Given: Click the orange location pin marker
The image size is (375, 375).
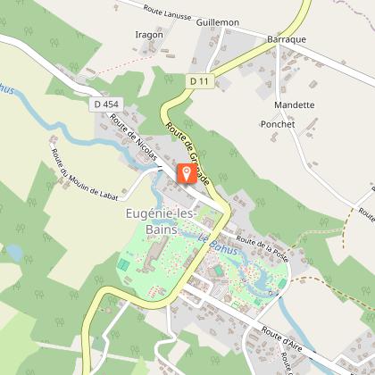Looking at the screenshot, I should pyautogui.click(x=186, y=172).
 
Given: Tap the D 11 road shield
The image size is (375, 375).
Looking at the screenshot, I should pyautogui.click(x=199, y=81).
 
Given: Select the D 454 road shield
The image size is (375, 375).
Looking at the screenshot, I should pyautogui.click(x=104, y=104).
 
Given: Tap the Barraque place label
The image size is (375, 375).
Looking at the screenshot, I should pyautogui.click(x=287, y=39).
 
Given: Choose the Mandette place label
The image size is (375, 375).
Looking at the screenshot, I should pyautogui.click(x=294, y=104).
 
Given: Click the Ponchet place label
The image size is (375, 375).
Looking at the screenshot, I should pyautogui.click(x=278, y=124).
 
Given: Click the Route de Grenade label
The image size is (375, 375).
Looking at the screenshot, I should pyautogui.click(x=188, y=147).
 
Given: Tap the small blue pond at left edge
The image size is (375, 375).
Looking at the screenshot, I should pyautogui.click(x=12, y=253).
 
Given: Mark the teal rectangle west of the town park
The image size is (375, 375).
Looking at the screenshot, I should pyautogui.click(x=123, y=264).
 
